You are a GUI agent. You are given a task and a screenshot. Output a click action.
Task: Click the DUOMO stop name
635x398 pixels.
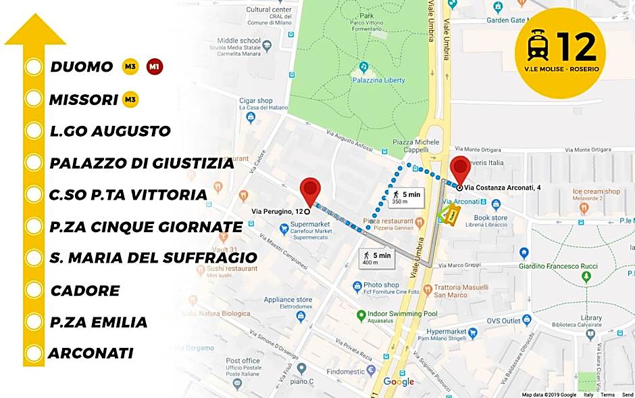pos(81,67)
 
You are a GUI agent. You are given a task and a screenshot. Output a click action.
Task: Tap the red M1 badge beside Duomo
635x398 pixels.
pos(155,67)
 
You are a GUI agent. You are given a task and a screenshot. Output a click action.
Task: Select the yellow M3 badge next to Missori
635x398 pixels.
pos(130,100)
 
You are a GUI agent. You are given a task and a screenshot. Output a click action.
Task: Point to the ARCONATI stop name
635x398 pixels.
pos(91,353)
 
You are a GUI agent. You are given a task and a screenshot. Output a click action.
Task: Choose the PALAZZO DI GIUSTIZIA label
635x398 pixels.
pos(141,163)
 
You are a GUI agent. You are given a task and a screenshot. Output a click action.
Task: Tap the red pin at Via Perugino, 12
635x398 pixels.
pos(310,190)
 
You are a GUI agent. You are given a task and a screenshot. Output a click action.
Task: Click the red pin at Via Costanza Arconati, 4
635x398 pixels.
pos(461,169)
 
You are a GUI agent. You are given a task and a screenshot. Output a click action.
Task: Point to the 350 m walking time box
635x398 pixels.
pos(405,198)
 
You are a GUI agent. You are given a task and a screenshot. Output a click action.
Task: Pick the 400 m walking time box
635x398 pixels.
pos(375,259)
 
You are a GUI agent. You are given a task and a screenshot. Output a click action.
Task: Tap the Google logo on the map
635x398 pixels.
pos(399,382)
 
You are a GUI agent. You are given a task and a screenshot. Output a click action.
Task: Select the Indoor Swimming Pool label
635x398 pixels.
pos(402,314)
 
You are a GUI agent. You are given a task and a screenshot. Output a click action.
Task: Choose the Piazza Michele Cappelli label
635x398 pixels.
pos(416,146)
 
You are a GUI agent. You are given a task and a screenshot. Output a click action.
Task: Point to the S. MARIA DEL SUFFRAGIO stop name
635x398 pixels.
pos(153,258)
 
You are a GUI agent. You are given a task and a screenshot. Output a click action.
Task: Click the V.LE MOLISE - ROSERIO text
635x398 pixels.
pos(561,69)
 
